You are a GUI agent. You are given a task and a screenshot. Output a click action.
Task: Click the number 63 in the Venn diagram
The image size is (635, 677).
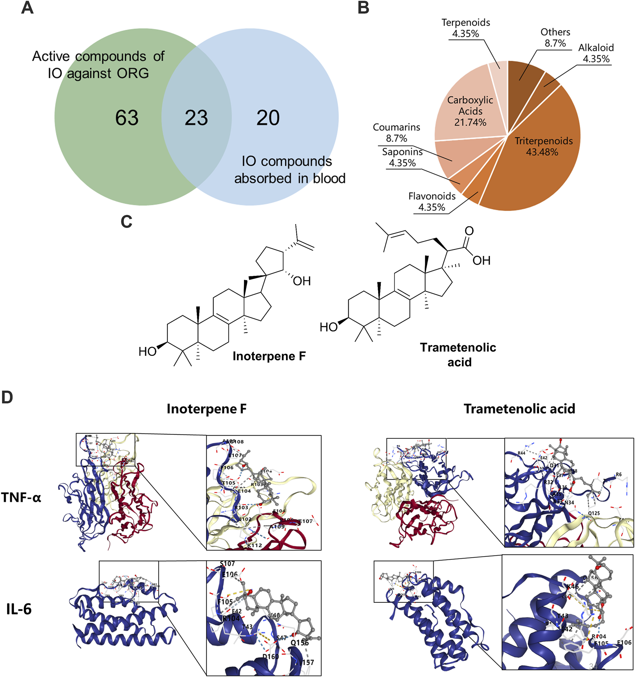coord(126,118)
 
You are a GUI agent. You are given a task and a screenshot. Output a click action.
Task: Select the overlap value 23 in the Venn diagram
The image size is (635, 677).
coord(196,118)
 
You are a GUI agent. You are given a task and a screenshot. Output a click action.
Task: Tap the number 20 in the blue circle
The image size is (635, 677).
coord(268,118)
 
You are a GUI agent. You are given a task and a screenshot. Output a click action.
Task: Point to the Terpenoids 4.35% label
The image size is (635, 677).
coord(465,28)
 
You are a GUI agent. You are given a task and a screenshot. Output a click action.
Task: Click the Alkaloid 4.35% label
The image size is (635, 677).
coord(596,53)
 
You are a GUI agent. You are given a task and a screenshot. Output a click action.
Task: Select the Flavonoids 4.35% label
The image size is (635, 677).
coord(432,201)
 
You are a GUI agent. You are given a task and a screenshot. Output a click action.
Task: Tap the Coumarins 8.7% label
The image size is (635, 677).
coord(396,133)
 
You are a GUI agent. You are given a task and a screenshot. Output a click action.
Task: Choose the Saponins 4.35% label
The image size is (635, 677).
coord(402,157)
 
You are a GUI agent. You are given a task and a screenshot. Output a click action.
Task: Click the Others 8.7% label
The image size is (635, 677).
coord(555,38)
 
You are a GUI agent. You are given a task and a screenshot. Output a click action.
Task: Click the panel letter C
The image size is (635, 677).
coord(126,222)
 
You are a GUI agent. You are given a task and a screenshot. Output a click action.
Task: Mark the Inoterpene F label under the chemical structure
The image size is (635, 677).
coord(269,356)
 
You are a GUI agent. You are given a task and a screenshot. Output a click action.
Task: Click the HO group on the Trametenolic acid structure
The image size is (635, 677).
coord(328,327)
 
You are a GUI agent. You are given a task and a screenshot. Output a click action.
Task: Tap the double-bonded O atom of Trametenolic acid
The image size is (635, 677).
coord(469,231)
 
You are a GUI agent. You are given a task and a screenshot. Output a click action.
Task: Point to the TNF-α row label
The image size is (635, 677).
coord(21,497)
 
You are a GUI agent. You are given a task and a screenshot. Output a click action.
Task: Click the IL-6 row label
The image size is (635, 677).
coord(19,609)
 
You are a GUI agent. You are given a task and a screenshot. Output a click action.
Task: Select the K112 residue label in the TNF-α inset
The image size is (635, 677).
coord(255,545)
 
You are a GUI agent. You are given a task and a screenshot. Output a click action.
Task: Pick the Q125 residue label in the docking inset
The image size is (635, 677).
coord(594,513)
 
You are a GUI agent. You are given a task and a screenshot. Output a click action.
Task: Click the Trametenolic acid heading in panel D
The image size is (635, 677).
coord(519,409)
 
